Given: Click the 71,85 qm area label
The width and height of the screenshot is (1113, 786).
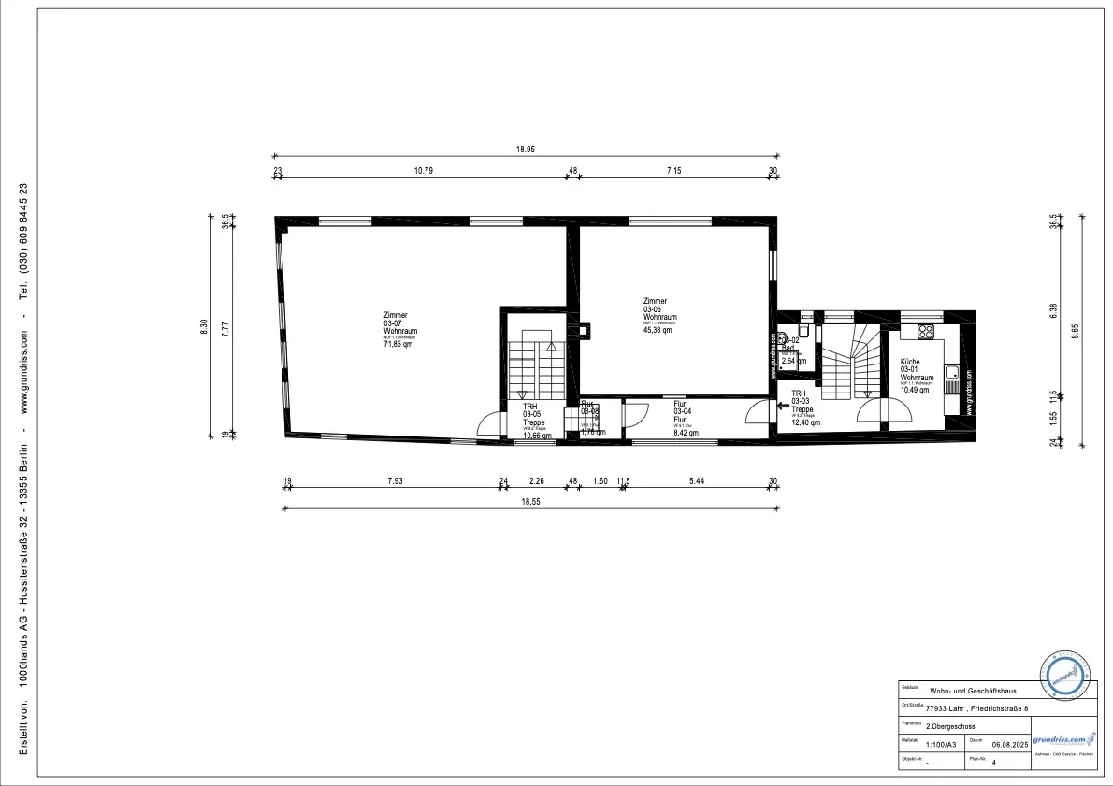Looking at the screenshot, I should point(397,345).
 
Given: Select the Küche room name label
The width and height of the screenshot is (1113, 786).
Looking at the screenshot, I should point(910,362).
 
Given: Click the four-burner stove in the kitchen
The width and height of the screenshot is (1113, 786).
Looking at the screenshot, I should point(927,331).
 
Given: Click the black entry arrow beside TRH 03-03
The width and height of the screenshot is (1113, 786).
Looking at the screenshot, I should point(784,407).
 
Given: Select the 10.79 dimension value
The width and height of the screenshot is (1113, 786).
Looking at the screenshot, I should point(423,171).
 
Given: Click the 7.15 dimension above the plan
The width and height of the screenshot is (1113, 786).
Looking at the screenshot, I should point(673,171).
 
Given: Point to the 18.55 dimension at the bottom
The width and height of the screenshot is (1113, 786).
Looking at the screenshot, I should point(530,502).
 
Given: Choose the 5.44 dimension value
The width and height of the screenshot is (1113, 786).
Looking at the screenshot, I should point(697,481).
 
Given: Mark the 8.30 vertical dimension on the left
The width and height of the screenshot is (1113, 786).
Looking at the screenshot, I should point(204,327).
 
